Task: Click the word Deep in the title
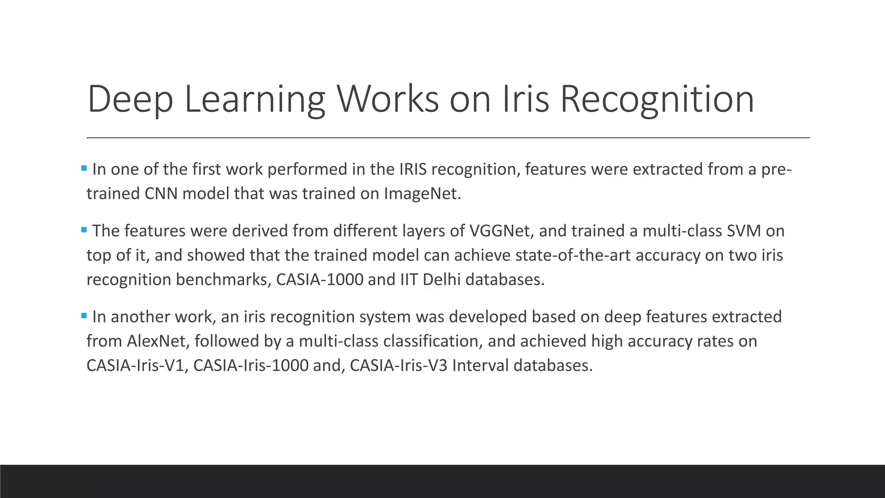(130, 99)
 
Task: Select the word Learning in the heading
(255, 100)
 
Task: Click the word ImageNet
(422, 193)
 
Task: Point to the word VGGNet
(501, 231)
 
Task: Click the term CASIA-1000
(320, 280)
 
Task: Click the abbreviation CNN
(161, 193)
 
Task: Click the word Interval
(480, 366)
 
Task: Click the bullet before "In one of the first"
(84, 168)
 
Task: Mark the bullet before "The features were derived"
(84, 230)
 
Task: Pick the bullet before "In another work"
(84, 316)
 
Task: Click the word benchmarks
(223, 280)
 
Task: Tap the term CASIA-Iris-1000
(251, 366)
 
